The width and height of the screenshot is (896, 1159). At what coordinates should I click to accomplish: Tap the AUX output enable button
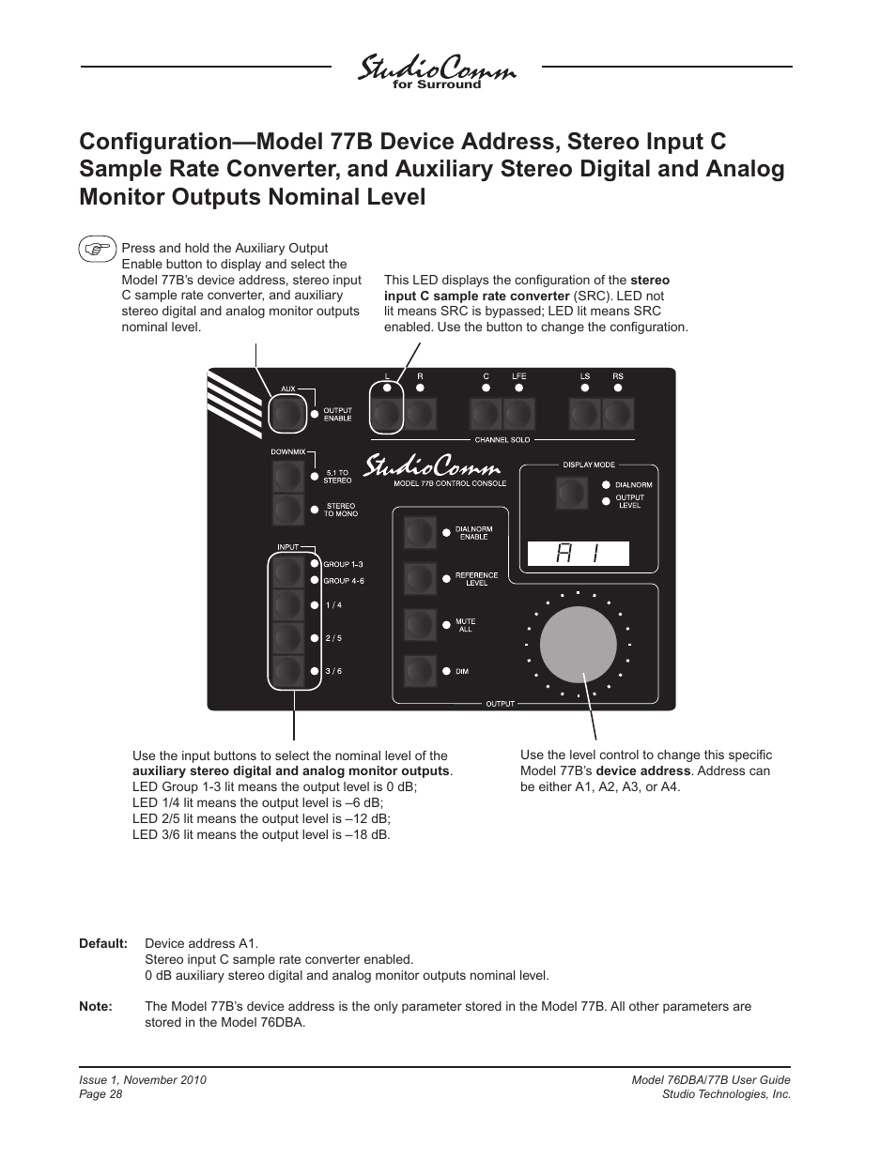coord(287,414)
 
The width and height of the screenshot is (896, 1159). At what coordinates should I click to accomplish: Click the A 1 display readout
coord(578,555)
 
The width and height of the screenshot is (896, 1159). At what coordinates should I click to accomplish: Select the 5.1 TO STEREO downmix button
coord(288,478)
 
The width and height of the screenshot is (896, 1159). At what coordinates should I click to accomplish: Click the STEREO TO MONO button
coord(288,511)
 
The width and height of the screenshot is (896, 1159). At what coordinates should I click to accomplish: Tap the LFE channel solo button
coord(519,414)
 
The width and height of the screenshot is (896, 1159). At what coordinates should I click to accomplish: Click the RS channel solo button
coord(618,414)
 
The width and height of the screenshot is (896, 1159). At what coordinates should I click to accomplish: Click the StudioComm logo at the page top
coord(437,70)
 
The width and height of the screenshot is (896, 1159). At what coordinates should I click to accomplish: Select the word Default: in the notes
coord(103,943)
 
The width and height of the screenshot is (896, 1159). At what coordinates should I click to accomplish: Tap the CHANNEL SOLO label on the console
coord(502,439)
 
